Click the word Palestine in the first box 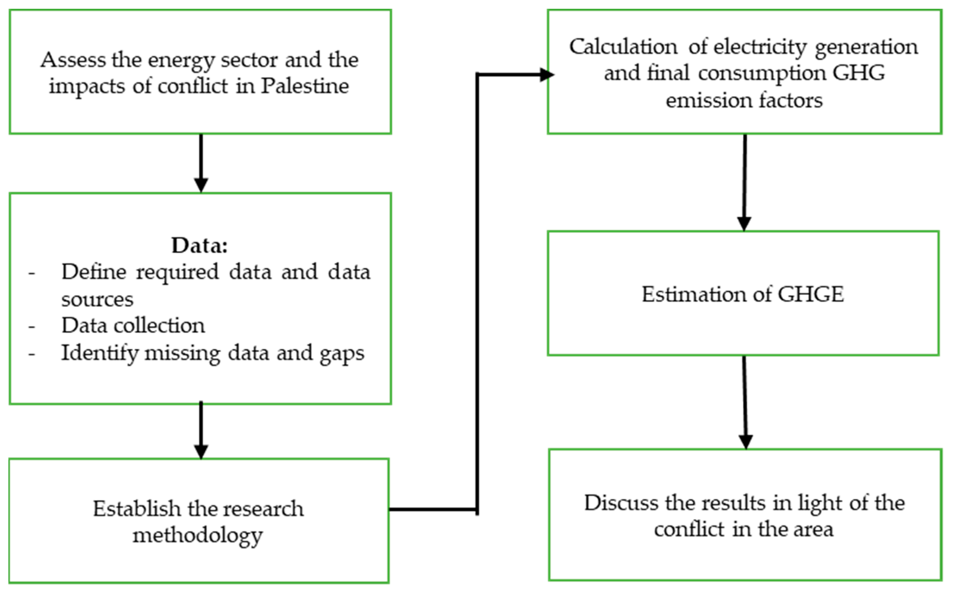click(305, 86)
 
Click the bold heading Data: click(200, 246)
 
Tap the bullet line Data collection click(133, 325)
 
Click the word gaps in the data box click(342, 353)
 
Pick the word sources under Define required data click(97, 299)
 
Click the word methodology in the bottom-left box click(197, 536)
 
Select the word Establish click(136, 509)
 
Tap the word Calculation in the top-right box click(623, 47)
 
